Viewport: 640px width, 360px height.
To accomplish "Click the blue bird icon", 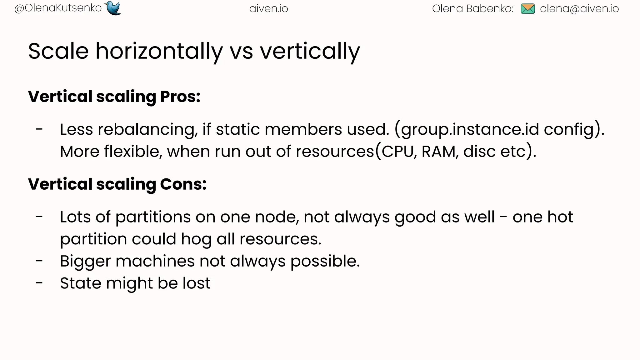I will (113, 8).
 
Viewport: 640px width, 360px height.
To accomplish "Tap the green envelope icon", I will (528, 9).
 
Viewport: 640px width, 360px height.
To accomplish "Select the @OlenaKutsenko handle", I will (58, 8).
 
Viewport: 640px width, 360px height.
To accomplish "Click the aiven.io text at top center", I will (269, 9).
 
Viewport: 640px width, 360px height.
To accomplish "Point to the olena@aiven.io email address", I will (579, 9).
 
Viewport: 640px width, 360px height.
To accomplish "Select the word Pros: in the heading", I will (180, 97).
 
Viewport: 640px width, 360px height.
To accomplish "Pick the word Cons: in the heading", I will (183, 184).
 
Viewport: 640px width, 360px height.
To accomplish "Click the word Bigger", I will (85, 261).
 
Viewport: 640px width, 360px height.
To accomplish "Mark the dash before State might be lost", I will (39, 283).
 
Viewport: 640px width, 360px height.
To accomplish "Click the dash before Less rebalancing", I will (39, 129).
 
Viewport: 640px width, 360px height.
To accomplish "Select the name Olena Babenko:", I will (472, 9).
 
